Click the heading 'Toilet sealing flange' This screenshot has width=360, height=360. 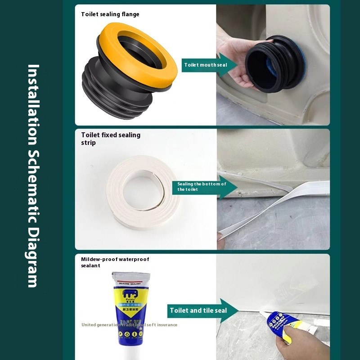point(110,14)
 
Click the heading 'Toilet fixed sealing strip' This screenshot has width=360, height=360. point(111,139)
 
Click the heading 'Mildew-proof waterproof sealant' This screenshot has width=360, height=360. point(115,262)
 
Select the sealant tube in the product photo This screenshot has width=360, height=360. point(130,310)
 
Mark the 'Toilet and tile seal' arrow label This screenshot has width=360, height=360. point(198,310)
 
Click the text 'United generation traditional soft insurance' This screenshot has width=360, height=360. point(129,325)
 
